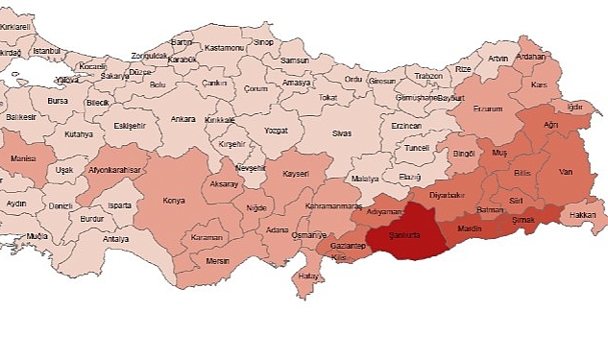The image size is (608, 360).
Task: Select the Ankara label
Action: [182, 119]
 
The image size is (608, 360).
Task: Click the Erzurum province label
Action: [487, 109]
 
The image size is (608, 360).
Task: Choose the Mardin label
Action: [470, 230]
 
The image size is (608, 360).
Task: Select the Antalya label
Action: [115, 239]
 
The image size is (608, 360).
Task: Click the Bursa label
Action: [58, 100]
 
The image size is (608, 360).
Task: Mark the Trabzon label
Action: [428, 76]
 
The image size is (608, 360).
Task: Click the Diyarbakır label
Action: [446, 195]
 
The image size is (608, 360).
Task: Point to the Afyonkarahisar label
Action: [114, 170]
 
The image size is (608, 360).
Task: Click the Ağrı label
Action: [550, 125]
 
